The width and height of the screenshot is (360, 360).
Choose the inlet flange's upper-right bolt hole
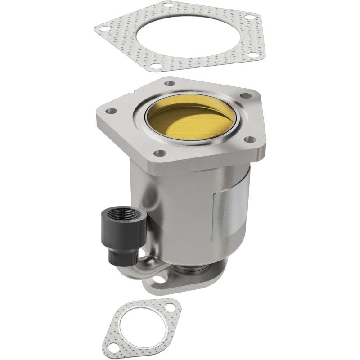246,95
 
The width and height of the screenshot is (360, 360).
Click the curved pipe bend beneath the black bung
135,270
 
